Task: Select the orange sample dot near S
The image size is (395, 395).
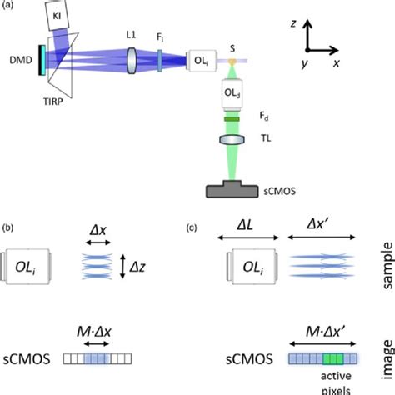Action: pos(232,62)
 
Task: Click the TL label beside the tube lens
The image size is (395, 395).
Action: pos(263,142)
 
